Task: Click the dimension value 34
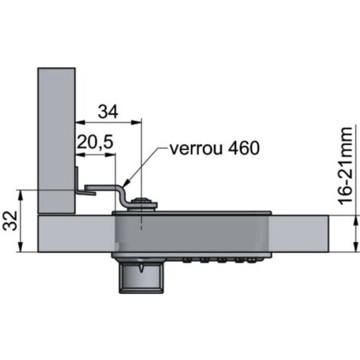tap(108, 112)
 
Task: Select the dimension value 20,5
tap(95, 142)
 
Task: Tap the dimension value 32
tap(10, 221)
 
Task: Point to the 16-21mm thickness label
tap(345, 166)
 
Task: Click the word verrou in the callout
tap(196, 149)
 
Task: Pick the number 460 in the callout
tap(244, 148)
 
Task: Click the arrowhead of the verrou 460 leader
tap(126, 183)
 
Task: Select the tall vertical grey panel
tap(57, 140)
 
